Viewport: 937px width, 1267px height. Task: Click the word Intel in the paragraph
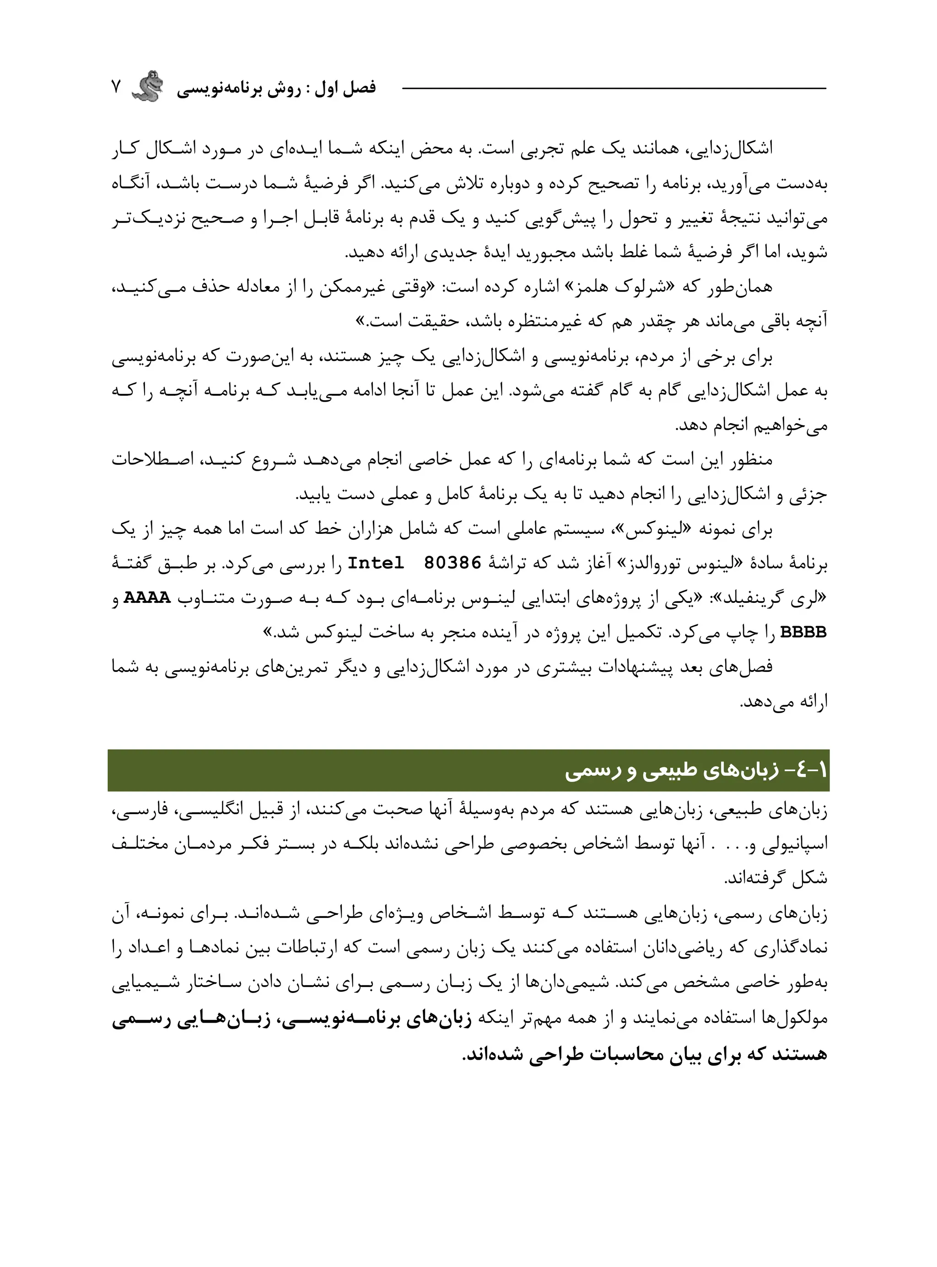click(376, 563)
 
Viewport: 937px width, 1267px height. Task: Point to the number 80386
click(452, 563)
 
